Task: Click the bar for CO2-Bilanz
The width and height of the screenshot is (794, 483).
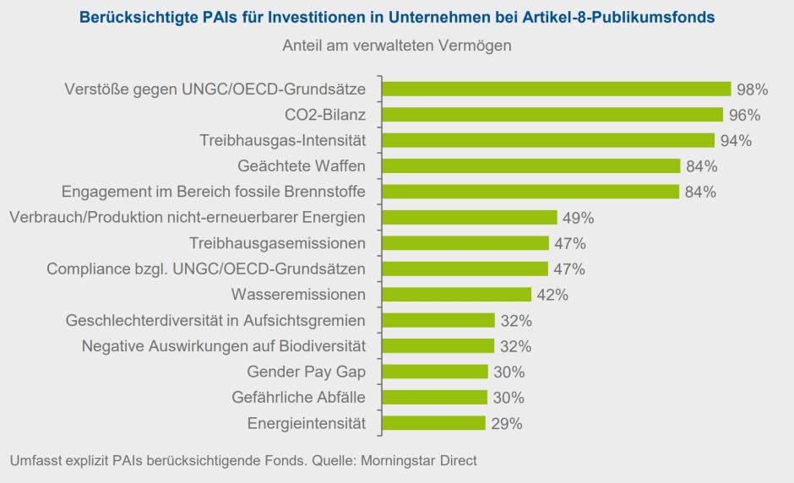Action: (x=552, y=115)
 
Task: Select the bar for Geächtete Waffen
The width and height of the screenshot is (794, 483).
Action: (x=531, y=166)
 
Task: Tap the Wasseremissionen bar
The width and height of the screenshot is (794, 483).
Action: (x=457, y=295)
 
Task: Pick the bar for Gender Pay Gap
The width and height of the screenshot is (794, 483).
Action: (x=435, y=372)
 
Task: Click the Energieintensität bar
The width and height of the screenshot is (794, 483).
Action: (x=434, y=423)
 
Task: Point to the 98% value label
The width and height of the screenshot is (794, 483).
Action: (x=752, y=90)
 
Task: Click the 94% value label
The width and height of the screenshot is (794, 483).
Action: (x=736, y=140)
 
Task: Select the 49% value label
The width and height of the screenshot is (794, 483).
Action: (x=579, y=218)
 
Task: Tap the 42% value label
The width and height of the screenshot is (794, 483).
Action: (x=552, y=295)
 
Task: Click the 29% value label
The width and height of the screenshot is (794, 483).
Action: (x=507, y=423)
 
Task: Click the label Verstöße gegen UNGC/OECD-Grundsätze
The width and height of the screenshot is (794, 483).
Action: (x=215, y=90)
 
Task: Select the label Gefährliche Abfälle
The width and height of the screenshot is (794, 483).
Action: (x=298, y=398)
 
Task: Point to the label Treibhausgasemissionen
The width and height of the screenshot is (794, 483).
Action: (x=277, y=243)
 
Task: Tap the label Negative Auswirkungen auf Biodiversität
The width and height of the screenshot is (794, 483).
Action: (x=223, y=346)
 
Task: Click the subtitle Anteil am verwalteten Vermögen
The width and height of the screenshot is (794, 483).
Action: (x=396, y=46)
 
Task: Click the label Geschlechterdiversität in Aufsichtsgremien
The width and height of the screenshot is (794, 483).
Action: (x=215, y=320)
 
